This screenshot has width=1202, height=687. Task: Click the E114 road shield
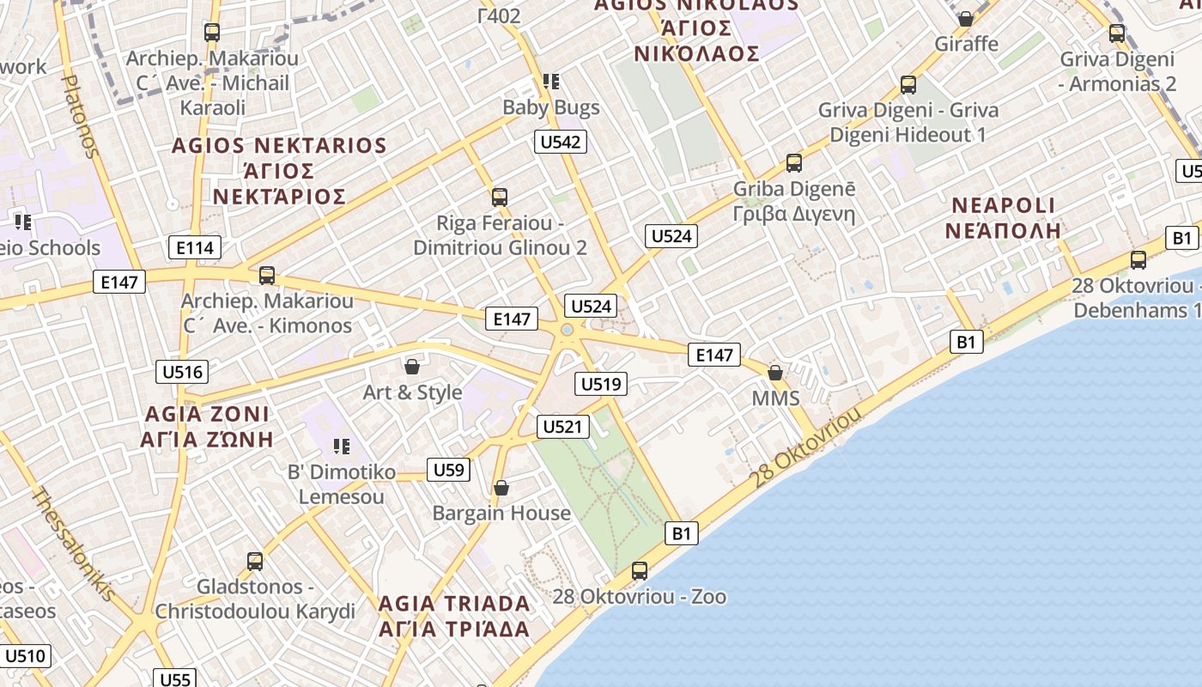pos(194,248)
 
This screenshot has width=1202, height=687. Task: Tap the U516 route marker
pos(182,372)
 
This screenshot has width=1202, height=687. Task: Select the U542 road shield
pos(561,142)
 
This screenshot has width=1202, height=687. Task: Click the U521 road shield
pos(563,426)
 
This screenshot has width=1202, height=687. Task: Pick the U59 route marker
pos(448,470)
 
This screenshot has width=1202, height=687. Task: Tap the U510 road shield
pos(24,657)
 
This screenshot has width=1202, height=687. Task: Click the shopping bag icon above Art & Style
pos(412,367)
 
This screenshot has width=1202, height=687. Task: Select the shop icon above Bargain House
pos(501,488)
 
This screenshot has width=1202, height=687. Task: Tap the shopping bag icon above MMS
pos(775,373)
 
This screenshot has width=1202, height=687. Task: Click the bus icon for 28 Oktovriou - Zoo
pos(640,570)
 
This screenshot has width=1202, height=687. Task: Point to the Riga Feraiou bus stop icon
pos(500,197)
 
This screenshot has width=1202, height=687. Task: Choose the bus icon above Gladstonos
pos(255,562)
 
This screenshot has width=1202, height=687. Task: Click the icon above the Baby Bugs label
pos(551,82)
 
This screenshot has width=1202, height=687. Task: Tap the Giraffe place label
pos(967,43)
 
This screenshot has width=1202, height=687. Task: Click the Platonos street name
pos(80,116)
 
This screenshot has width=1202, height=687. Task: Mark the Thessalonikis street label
pos(74,544)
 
